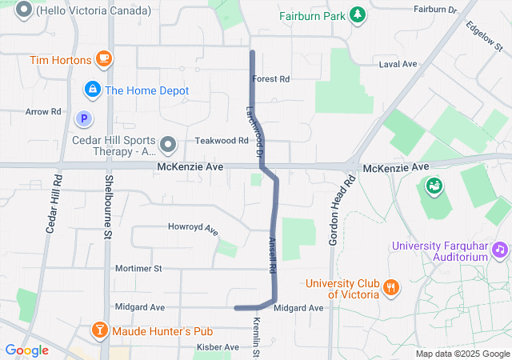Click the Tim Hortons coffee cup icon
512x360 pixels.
click(x=103, y=58)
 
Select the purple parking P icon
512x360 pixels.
click(x=83, y=119)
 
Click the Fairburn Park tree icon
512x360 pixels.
click(x=358, y=15)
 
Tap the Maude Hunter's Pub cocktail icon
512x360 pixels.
click(x=98, y=330)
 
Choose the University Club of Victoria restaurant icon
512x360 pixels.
click(x=390, y=287)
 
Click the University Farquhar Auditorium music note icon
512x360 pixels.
click(x=500, y=250)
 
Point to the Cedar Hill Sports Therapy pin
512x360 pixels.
click(x=168, y=144)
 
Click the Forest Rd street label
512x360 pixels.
click(x=270, y=79)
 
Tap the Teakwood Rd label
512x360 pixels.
click(x=222, y=140)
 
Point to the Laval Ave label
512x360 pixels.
click(x=398, y=64)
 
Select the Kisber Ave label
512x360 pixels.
click(x=218, y=347)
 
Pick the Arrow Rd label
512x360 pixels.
click(x=43, y=112)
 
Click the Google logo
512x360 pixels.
click(x=26, y=350)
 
